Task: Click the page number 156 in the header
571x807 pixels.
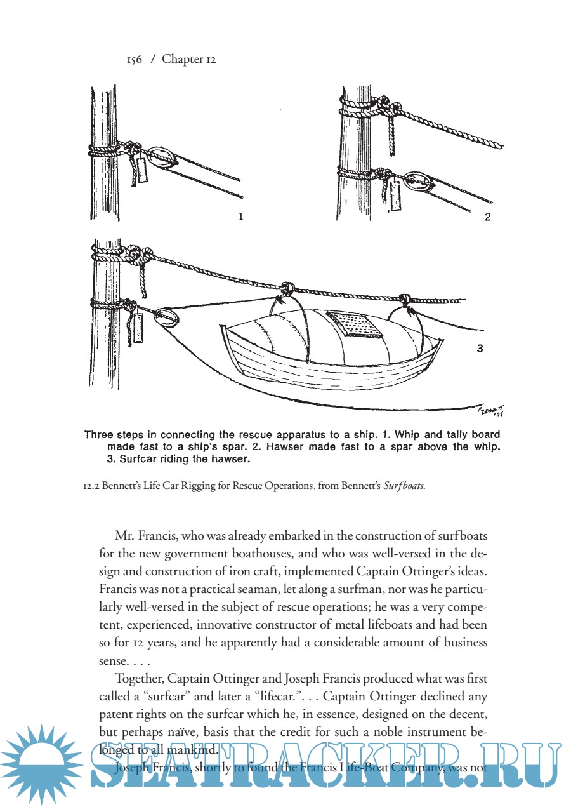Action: pos(134,60)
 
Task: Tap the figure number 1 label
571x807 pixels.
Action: pos(240,217)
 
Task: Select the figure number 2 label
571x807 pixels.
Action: pos(487,217)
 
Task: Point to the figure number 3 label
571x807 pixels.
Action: pos(480,348)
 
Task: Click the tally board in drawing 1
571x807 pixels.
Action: pos(143,170)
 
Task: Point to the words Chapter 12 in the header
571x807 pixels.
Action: pos(189,60)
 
